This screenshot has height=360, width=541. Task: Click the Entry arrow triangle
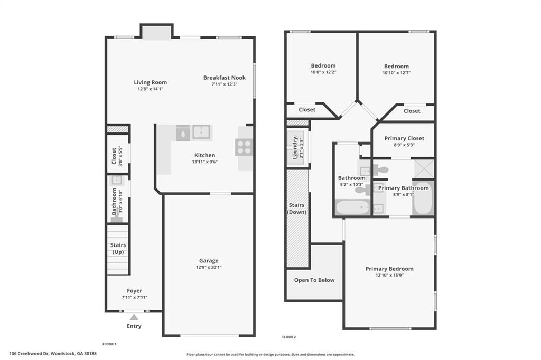click(134, 317)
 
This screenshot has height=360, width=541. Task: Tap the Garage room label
click(209, 261)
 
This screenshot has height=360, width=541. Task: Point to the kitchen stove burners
click(244, 147)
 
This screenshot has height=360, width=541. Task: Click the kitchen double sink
click(201, 132)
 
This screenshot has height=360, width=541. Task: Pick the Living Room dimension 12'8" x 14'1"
click(150, 89)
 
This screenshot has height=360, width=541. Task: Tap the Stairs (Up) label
click(118, 249)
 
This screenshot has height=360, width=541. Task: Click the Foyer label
click(134, 291)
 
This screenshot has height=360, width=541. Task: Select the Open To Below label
click(314, 280)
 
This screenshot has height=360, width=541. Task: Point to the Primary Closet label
click(404, 138)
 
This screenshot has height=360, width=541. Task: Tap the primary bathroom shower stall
click(424, 168)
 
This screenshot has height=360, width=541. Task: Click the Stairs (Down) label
click(297, 208)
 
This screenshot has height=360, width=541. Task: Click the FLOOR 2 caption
click(289, 337)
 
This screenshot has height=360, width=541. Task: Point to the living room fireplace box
click(156, 33)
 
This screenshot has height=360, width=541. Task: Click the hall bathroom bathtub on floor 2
click(352, 207)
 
